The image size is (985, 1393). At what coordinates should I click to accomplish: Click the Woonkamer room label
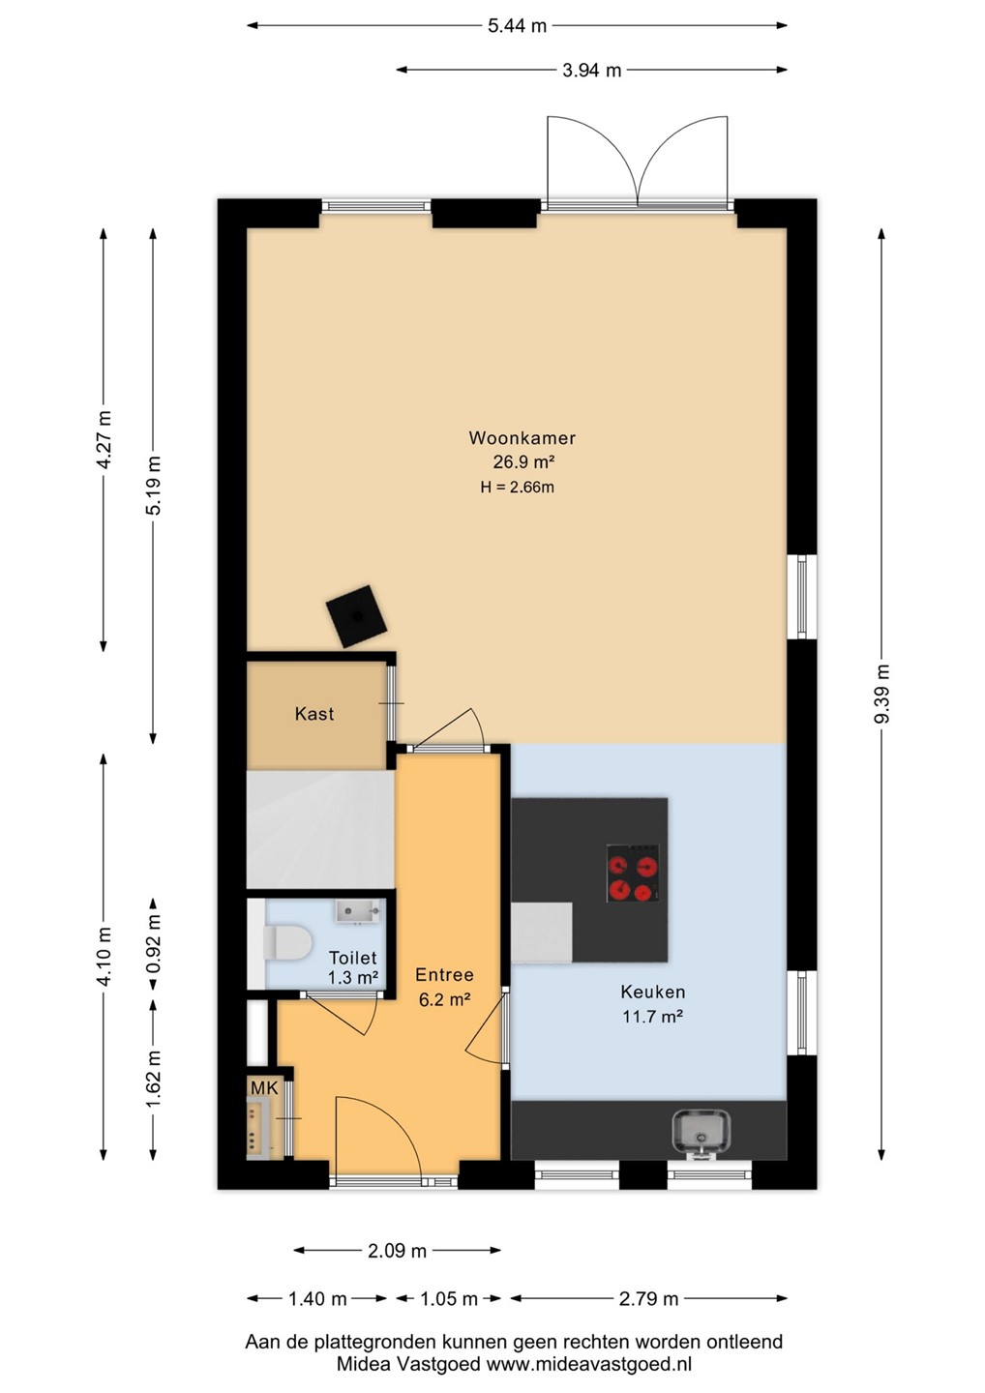pos(522,438)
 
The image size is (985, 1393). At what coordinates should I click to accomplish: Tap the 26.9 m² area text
pos(522,462)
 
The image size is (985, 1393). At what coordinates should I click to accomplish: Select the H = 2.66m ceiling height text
pos(517,487)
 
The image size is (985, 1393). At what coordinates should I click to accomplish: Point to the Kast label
pos(314,713)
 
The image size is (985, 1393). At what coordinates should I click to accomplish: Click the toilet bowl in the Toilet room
pos(286,943)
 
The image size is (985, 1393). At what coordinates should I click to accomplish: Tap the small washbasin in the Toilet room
pos(358,911)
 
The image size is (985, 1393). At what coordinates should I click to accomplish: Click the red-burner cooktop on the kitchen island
pos(633,874)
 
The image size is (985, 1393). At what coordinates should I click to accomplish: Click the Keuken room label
pos(653,992)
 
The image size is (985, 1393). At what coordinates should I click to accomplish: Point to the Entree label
pos(444,974)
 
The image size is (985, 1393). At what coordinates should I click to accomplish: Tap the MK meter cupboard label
pos(264,1087)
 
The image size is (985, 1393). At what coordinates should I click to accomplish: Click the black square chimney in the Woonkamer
pos(357,616)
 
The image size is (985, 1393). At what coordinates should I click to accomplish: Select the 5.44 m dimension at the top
pos(517,25)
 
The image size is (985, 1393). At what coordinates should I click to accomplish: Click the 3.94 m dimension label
pos(591,71)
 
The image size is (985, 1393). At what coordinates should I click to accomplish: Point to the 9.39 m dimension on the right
pos(881,694)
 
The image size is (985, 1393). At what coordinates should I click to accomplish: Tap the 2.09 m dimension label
pos(397,1251)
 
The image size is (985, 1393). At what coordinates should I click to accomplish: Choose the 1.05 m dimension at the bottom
pos(448,1299)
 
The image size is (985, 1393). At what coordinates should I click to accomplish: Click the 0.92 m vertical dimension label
pos(153,943)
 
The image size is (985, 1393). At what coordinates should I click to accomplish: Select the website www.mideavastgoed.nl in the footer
pos(588,1364)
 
